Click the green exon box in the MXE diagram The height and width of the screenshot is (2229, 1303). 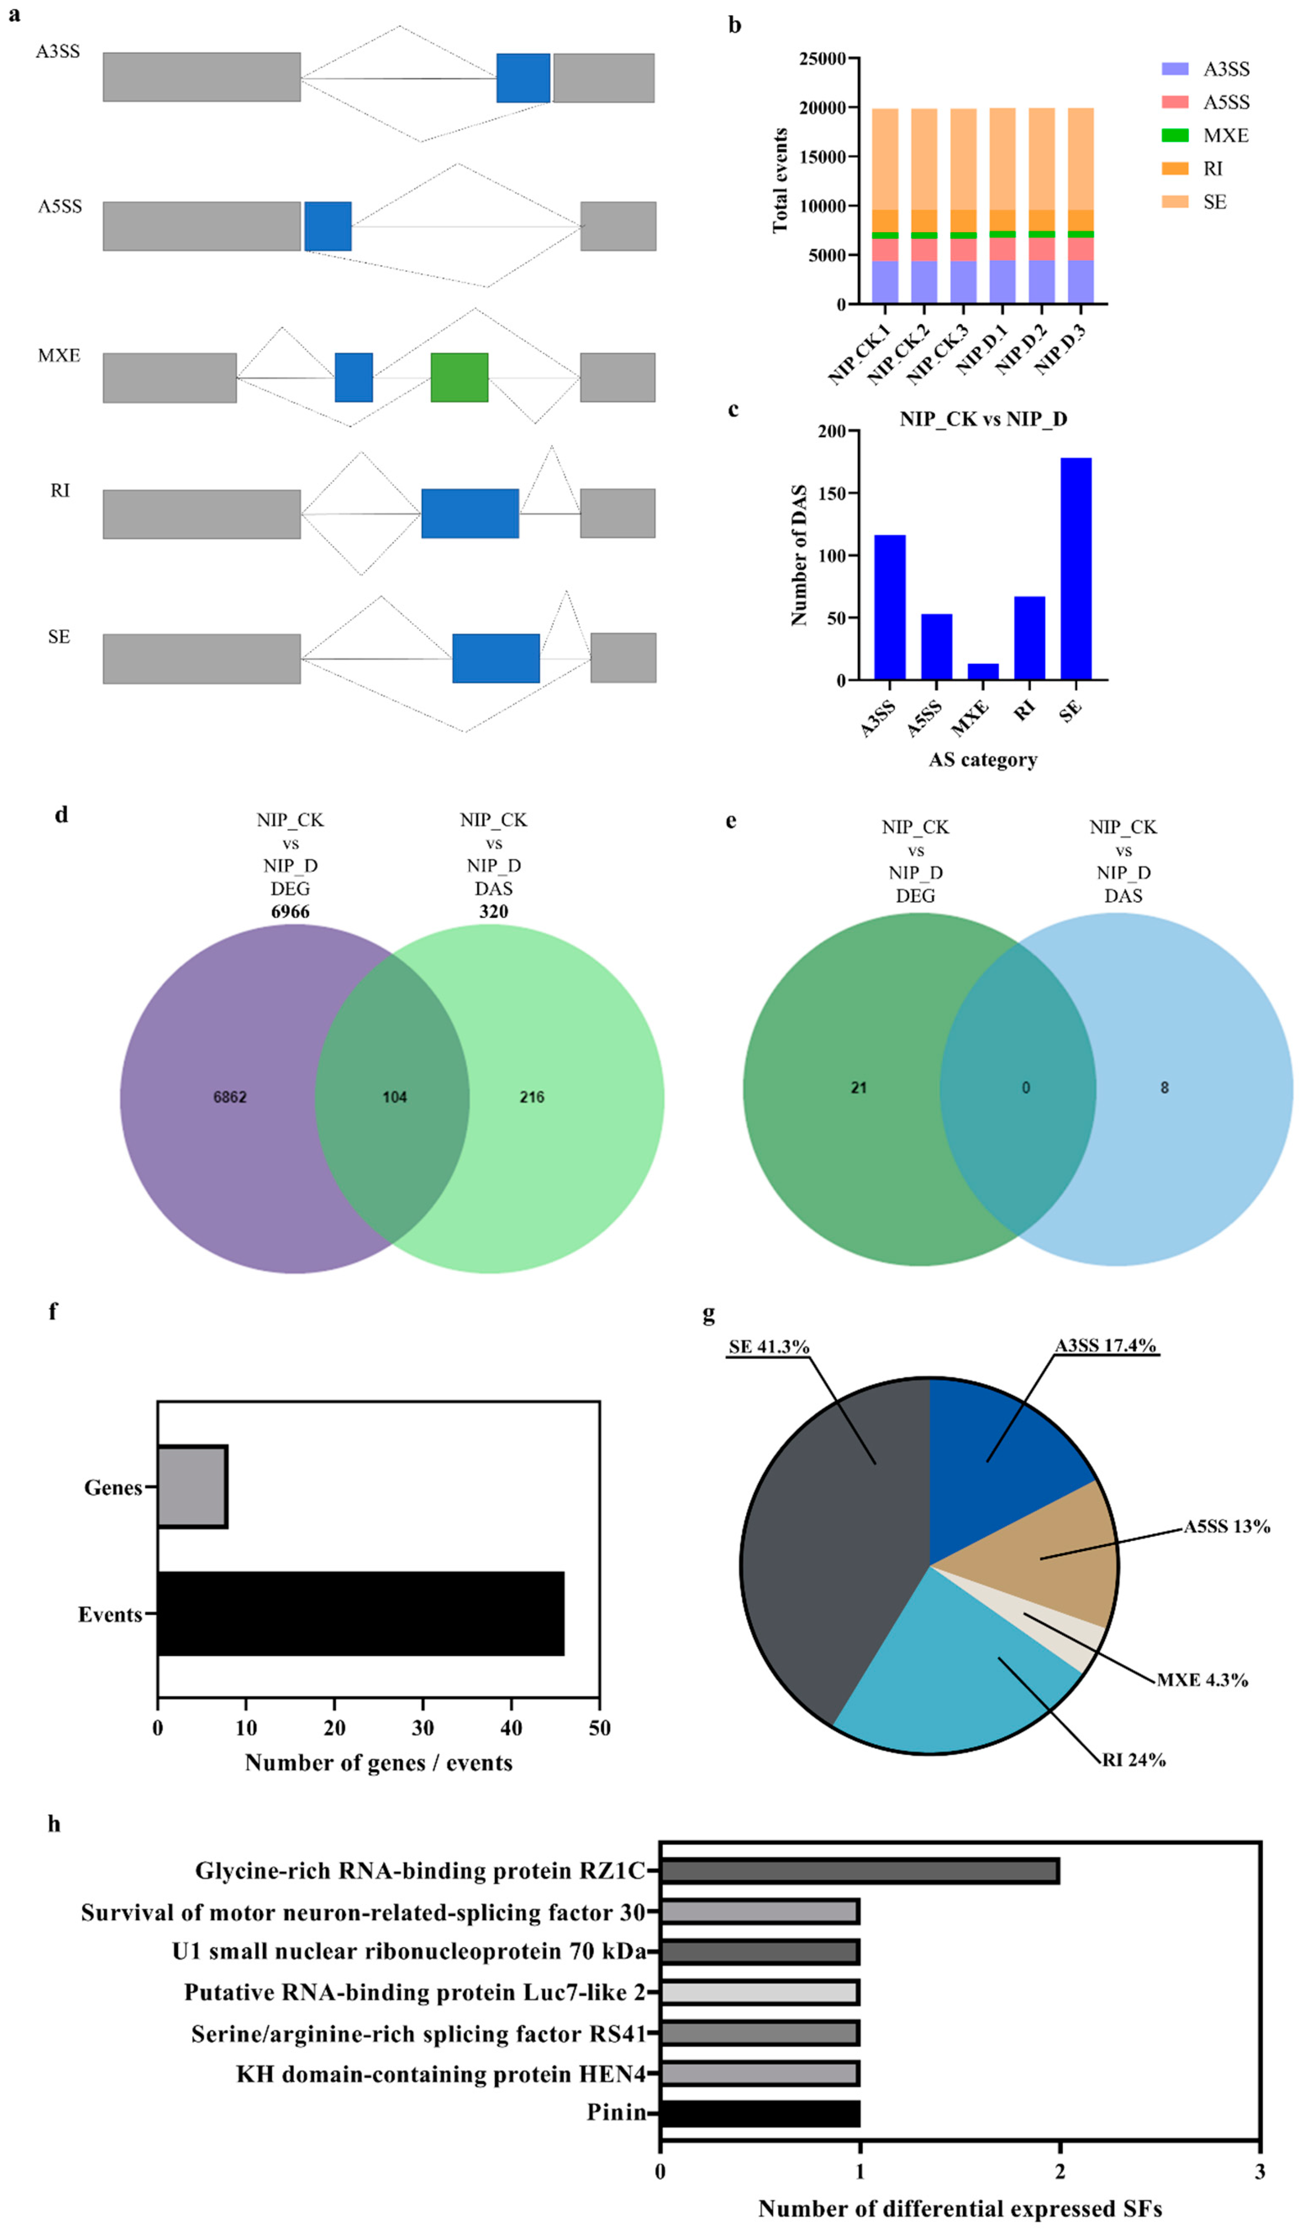coord(459,378)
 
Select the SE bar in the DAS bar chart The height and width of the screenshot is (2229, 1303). coord(1076,569)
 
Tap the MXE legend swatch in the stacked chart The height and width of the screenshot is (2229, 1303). coord(1175,135)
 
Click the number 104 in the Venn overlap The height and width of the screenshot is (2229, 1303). coord(395,1097)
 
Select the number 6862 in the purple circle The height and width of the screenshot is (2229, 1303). coord(230,1097)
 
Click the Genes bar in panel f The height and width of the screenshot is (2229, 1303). coord(192,1487)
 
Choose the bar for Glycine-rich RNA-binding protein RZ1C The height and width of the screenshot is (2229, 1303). coord(859,1871)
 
